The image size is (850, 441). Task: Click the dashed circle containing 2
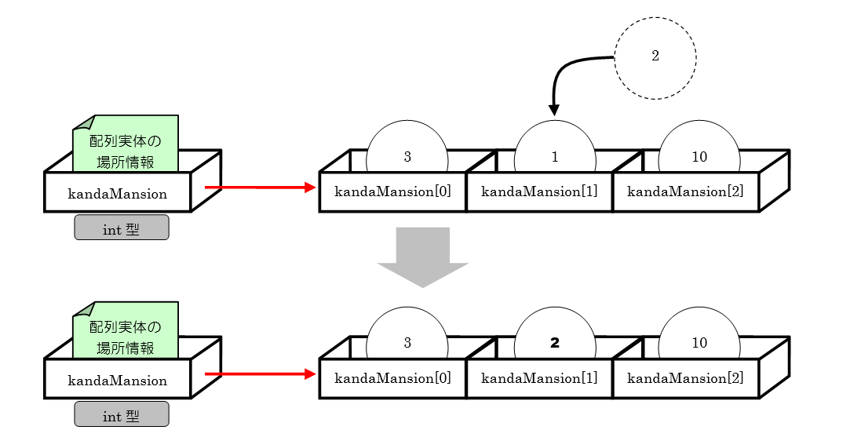pyautogui.click(x=655, y=57)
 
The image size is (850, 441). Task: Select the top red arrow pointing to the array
pyautogui.click(x=259, y=188)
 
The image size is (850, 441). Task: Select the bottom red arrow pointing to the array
pyautogui.click(x=259, y=374)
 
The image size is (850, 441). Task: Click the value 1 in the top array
pyautogui.click(x=555, y=157)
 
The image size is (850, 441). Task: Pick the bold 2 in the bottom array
pyautogui.click(x=555, y=343)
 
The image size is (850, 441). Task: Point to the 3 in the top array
pyautogui.click(x=407, y=157)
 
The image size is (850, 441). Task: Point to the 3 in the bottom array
pyautogui.click(x=407, y=343)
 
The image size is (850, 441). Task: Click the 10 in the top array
pyautogui.click(x=699, y=157)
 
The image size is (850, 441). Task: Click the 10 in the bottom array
pyautogui.click(x=699, y=343)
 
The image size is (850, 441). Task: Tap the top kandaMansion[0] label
pyautogui.click(x=392, y=191)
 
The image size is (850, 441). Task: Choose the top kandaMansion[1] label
pyautogui.click(x=539, y=191)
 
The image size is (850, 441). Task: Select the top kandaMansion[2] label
pyautogui.click(x=685, y=191)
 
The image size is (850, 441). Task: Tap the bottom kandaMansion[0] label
pyautogui.click(x=392, y=378)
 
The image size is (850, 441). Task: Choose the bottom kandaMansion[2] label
pyautogui.click(x=685, y=378)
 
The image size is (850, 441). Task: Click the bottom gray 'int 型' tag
pyautogui.click(x=122, y=416)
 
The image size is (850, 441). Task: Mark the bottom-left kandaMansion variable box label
pyautogui.click(x=118, y=381)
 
